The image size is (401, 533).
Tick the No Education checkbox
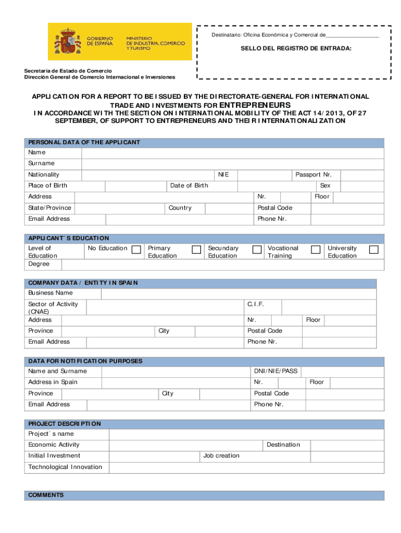click(136, 250)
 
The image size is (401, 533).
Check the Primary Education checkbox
click(196, 250)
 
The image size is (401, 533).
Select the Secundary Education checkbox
click(257, 250)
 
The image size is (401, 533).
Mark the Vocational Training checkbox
click(315, 250)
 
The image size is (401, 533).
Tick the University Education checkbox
click(373, 250)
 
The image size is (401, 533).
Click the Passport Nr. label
click(313, 175)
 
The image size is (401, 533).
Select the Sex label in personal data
click(325, 186)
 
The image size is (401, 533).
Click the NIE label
click(223, 175)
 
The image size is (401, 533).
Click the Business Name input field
click(242, 293)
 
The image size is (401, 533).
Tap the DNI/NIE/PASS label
click(275, 371)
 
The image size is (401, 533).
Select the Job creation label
click(221, 456)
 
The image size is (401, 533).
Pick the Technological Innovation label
click(65, 467)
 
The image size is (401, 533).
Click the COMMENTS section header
click(46, 495)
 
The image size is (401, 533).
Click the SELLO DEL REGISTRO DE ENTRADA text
click(295, 48)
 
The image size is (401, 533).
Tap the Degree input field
click(222, 264)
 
